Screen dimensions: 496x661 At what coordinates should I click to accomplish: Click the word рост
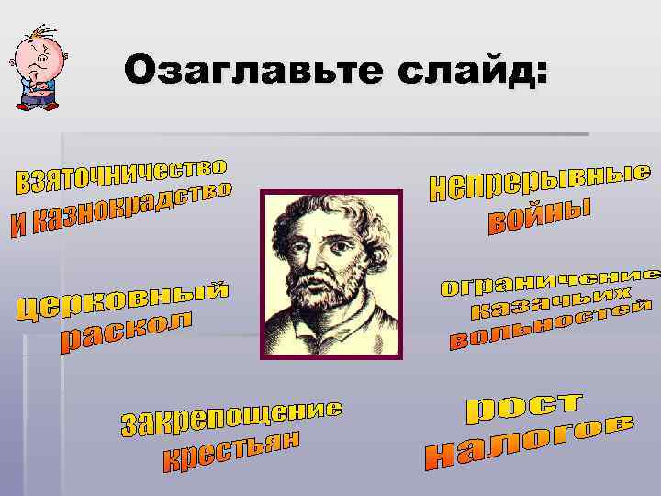[523, 407]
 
